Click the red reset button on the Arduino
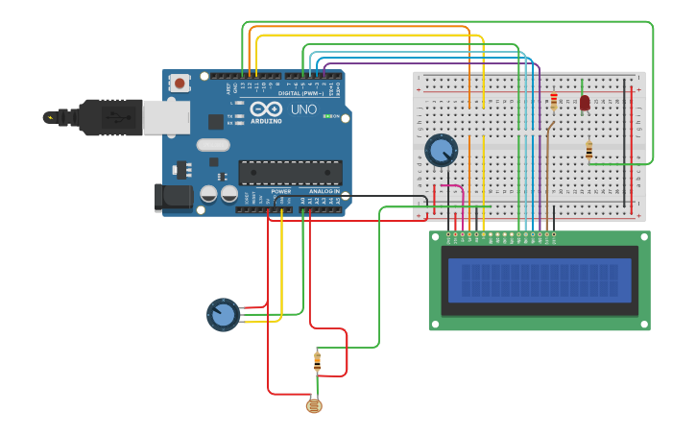click(180, 84)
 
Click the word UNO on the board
click(303, 109)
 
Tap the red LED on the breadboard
click(584, 102)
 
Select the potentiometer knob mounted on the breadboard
click(441, 151)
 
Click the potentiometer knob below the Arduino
click(223, 314)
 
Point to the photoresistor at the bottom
click(313, 406)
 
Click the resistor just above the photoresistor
click(318, 362)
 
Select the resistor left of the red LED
click(554, 101)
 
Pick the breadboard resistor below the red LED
click(588, 150)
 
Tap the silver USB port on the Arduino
click(165, 116)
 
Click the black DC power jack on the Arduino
click(173, 198)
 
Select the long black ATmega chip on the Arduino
click(290, 172)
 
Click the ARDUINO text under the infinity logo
click(266, 121)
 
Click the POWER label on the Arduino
click(280, 191)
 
